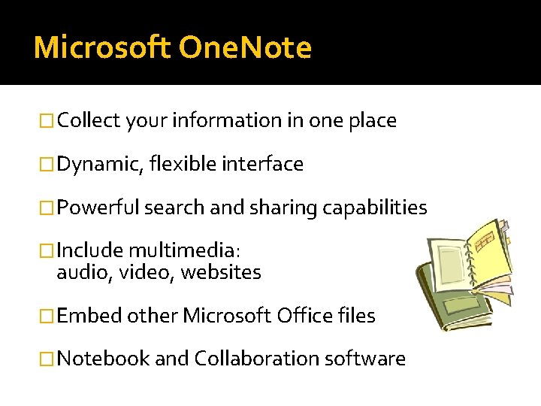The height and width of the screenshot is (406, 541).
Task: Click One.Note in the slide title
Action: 245,47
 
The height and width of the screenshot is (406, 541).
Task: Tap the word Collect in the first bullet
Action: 89,120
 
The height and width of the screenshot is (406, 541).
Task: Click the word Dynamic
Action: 100,164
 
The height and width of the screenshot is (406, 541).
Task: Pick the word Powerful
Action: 98,208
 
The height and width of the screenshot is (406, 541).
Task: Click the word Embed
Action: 89,316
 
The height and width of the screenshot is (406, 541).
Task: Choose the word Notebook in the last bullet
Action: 103,359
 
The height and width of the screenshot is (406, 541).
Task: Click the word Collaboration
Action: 256,359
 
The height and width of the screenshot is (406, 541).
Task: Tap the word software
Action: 364,359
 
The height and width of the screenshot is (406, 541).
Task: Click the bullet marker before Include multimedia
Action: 49,251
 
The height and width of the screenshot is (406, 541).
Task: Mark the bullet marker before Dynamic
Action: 49,164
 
